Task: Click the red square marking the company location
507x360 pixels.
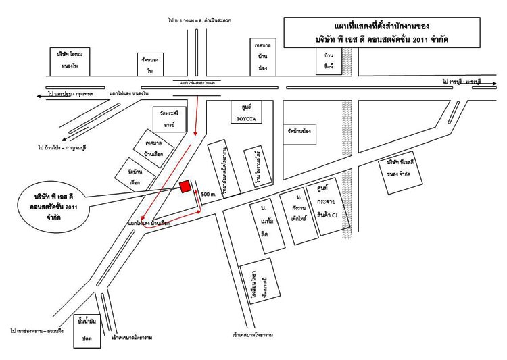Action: pos(184,187)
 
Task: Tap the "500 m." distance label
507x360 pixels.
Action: pos(209,194)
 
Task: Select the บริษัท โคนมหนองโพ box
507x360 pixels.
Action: pos(71,61)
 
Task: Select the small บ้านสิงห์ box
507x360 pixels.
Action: pos(328,61)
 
